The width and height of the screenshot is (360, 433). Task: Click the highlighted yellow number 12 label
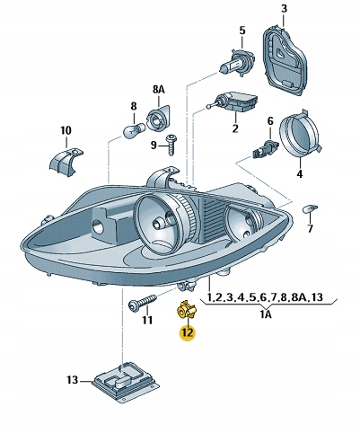pyautogui.click(x=187, y=332)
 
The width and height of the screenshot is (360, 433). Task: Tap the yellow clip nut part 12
pyautogui.click(x=186, y=311)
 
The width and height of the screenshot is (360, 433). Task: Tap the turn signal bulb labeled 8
pyautogui.click(x=131, y=132)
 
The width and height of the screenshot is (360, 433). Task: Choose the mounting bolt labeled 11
pyautogui.click(x=142, y=303)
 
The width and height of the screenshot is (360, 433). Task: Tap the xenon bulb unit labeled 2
pyautogui.click(x=235, y=106)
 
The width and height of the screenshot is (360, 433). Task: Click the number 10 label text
pyautogui.click(x=66, y=131)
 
